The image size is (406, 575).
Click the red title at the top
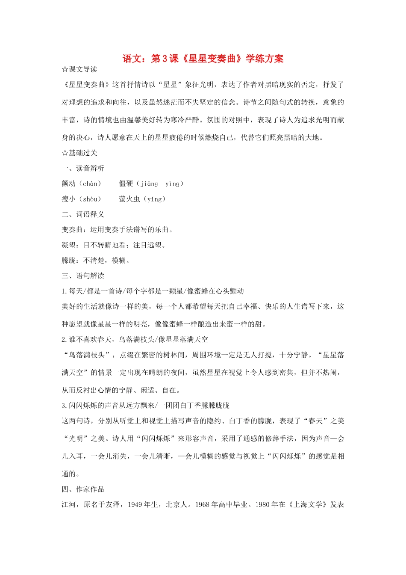pyautogui.click(x=203, y=59)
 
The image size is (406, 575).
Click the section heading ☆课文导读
pyautogui.click(x=79, y=69)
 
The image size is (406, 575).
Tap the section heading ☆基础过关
pyautogui.click(x=79, y=153)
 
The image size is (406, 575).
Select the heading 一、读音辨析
pyautogui.click(x=83, y=168)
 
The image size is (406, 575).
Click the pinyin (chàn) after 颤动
pyautogui.click(x=90, y=184)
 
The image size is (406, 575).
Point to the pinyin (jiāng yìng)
pyautogui.click(x=160, y=184)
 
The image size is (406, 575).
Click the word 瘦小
pyautogui.click(x=69, y=199)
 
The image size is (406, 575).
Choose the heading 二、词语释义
pyautogui.click(x=83, y=214)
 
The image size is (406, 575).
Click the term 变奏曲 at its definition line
pyautogui.click(x=72, y=230)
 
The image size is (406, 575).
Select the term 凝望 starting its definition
pyautogui.click(x=69, y=245)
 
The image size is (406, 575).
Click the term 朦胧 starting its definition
pyautogui.click(x=69, y=261)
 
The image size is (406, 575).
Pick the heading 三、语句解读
pyautogui.click(x=83, y=276)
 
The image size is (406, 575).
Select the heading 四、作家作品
pyautogui.click(x=83, y=489)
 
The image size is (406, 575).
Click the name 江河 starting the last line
pyautogui.click(x=69, y=504)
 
